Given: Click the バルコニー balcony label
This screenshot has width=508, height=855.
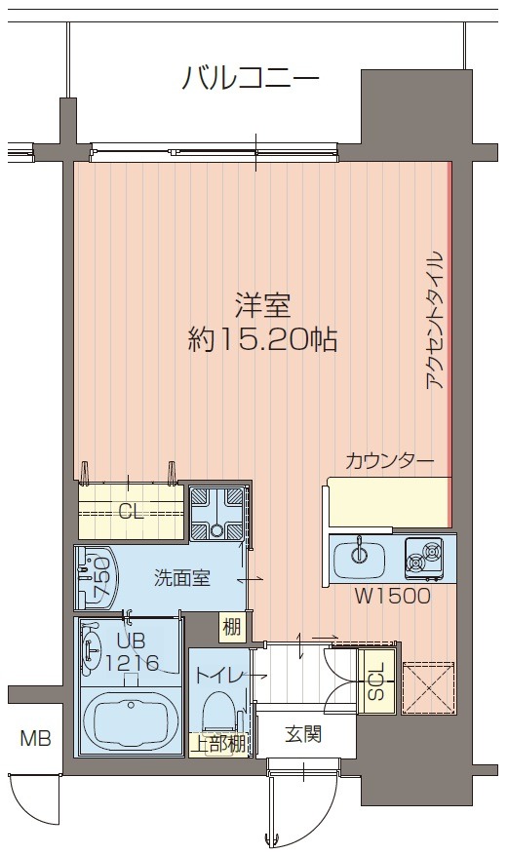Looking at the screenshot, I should (251, 77).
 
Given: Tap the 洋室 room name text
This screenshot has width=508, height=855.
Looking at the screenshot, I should (264, 306).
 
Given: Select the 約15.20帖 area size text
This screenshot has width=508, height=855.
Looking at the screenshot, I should (263, 339).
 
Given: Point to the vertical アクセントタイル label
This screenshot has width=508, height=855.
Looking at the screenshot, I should (435, 321).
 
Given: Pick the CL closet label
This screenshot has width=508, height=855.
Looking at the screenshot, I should (130, 511).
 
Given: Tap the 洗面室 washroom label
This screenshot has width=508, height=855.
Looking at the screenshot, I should (182, 577).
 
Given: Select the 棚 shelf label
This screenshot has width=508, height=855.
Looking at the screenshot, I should (231, 627).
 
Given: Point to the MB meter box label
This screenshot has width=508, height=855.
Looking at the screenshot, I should (37, 738).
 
